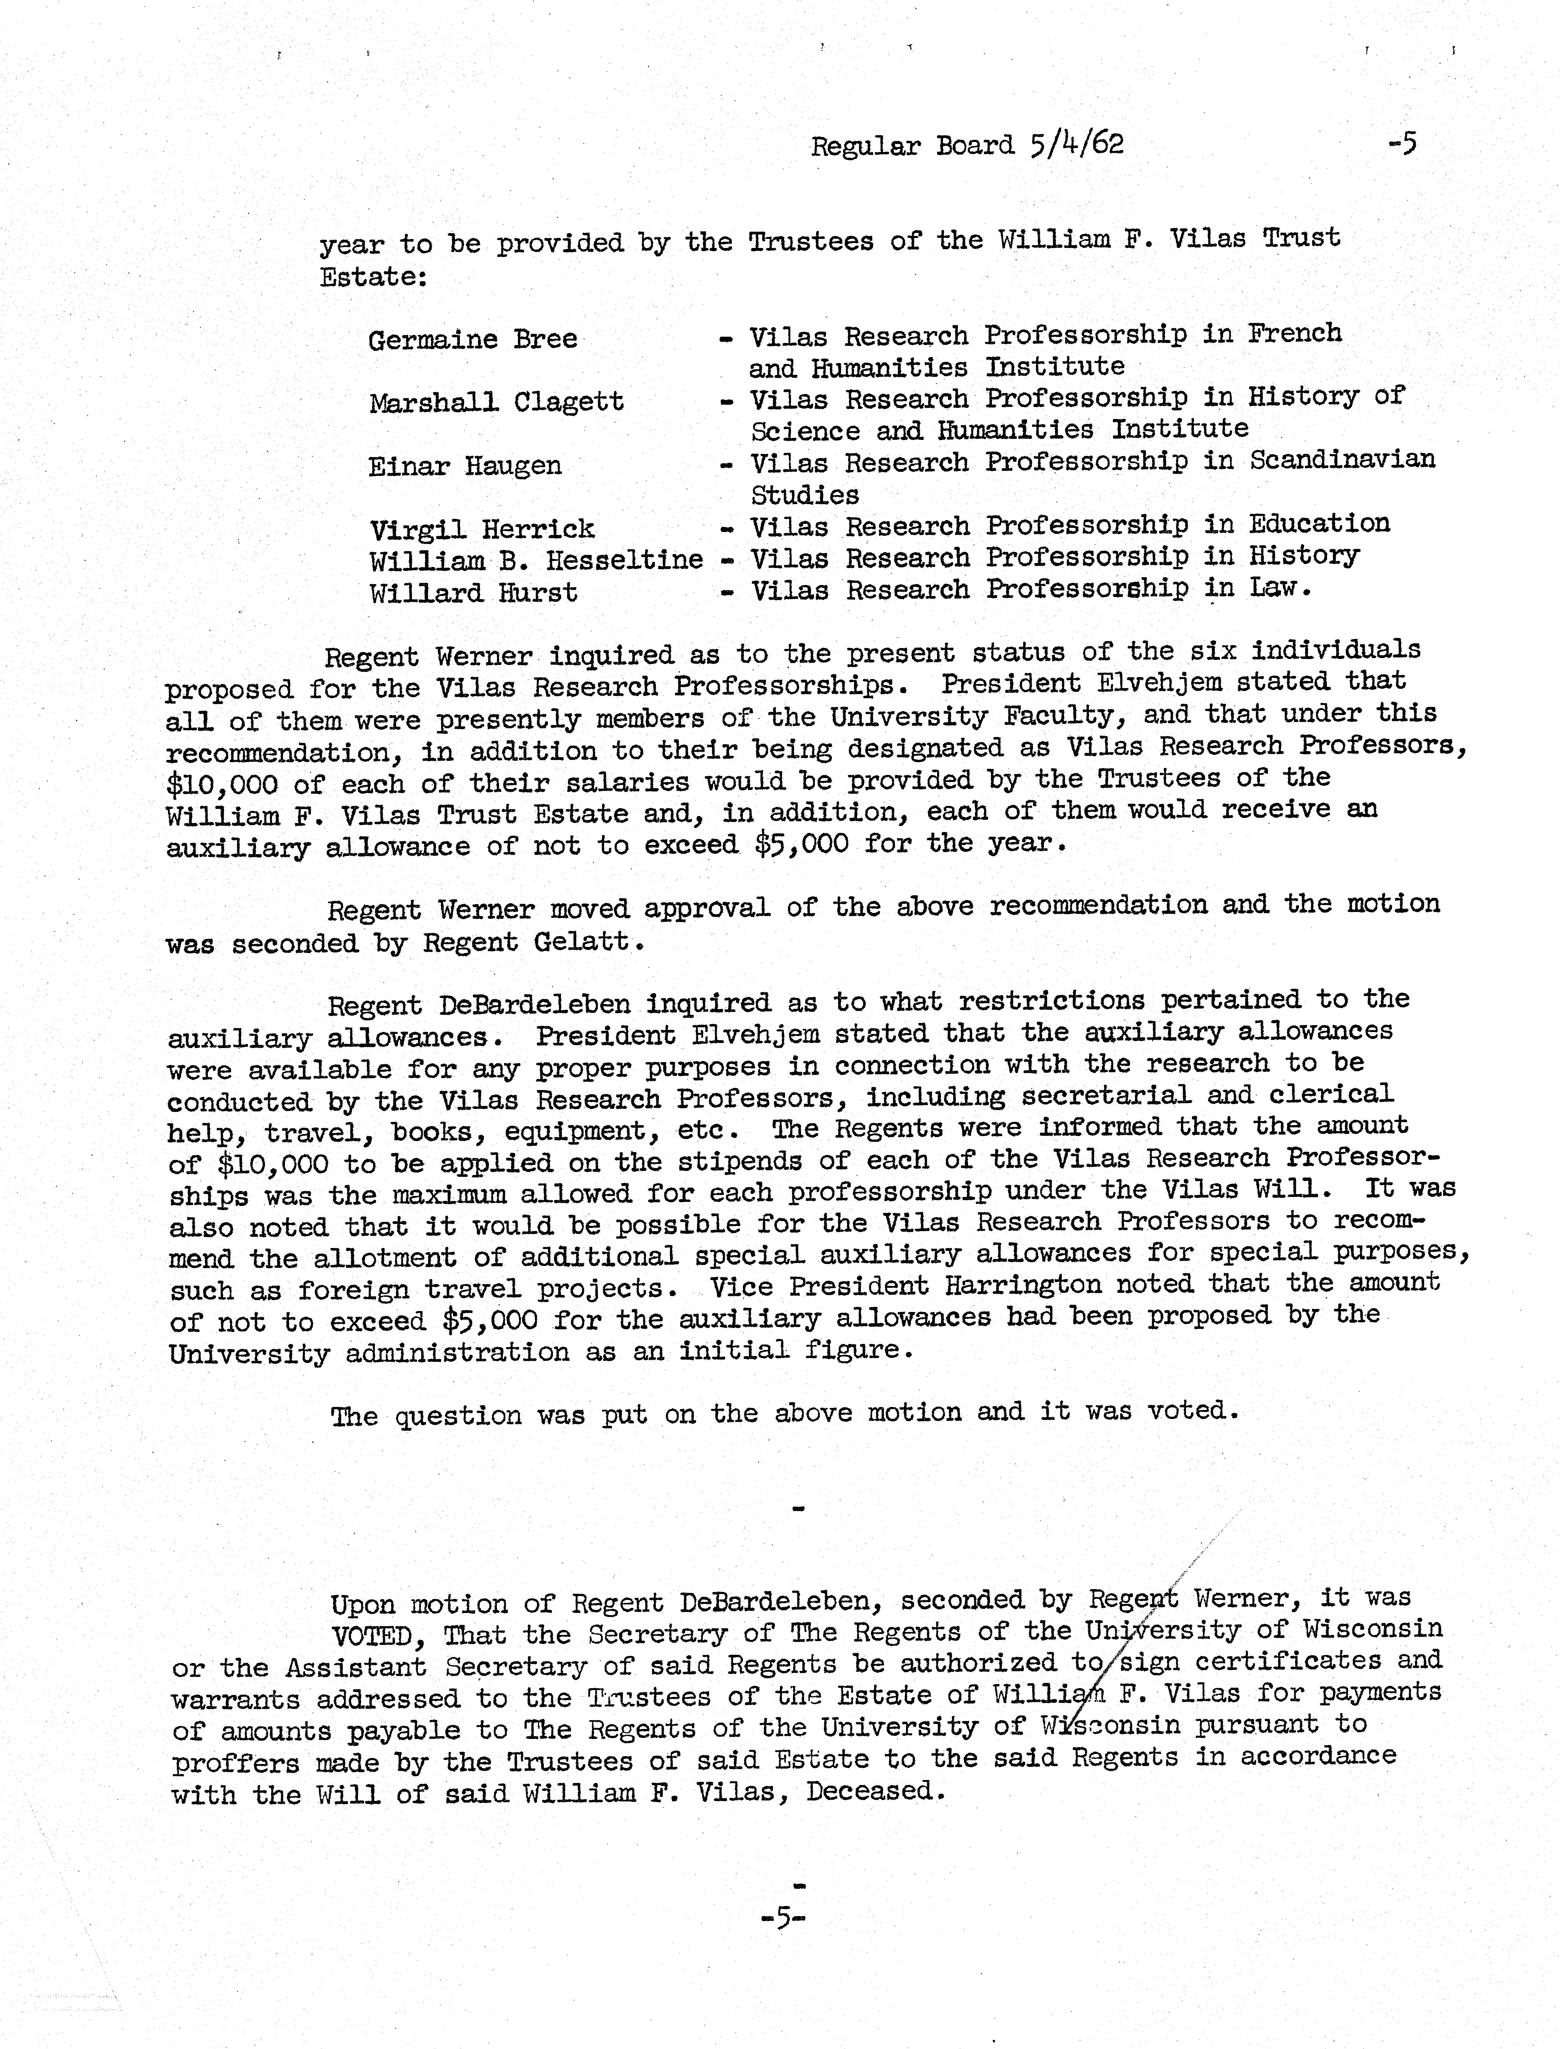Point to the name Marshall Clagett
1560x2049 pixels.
tap(496, 403)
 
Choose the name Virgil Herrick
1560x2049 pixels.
tap(481, 529)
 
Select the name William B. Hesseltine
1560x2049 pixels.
tap(536, 561)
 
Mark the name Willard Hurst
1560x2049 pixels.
tap(473, 592)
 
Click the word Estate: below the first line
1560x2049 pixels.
tap(373, 277)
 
